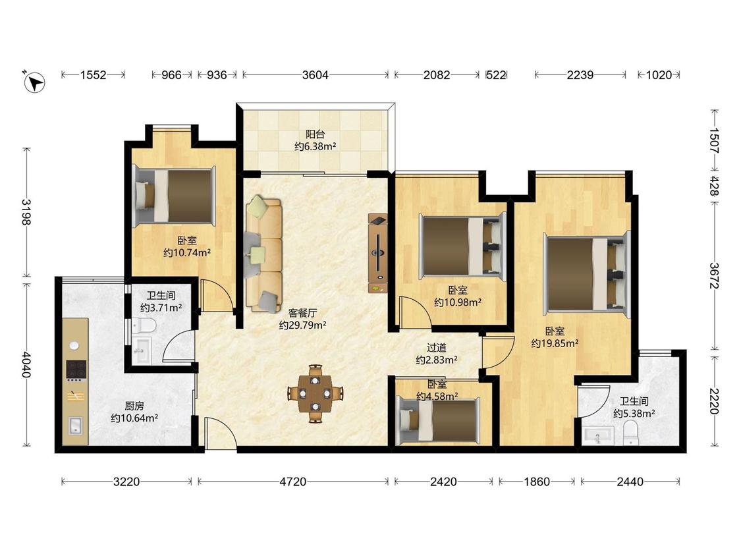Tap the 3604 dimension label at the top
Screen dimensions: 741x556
pos(316,74)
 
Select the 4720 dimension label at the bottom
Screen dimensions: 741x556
pos(293,482)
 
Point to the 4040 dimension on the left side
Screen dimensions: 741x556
pos(26,364)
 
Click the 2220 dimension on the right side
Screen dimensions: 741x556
pos(715,401)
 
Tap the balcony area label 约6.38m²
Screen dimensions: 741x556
pos(316,146)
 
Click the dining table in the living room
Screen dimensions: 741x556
pos(316,393)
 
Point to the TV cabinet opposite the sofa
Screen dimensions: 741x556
pos(378,253)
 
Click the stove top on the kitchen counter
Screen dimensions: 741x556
pos(76,370)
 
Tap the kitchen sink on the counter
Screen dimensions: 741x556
pos(76,426)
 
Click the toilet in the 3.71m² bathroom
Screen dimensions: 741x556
pos(144,325)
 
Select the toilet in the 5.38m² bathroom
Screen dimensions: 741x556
pos(631,433)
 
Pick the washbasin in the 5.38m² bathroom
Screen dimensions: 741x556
pos(598,435)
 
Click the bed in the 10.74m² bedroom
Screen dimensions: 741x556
pos(174,196)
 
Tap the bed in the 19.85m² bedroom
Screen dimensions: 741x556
pos(588,274)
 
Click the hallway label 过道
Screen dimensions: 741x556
pos(437,348)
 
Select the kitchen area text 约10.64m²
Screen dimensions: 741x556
pos(134,418)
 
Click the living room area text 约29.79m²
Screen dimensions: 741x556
pos(302,325)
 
